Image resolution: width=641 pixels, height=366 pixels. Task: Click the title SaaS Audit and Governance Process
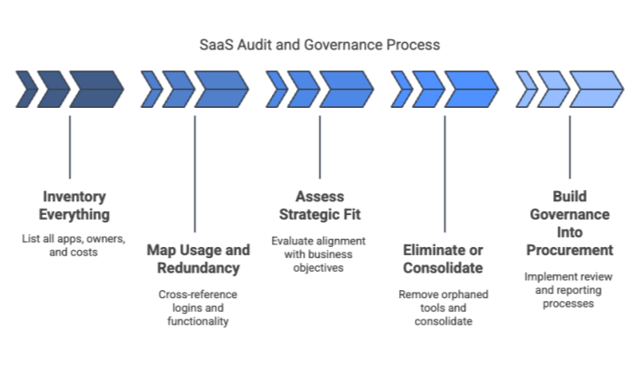(320, 44)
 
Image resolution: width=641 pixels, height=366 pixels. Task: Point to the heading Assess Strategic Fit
(320, 205)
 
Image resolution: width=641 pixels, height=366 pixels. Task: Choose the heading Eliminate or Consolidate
(444, 258)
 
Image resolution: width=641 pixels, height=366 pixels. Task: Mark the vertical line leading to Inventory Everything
(71, 146)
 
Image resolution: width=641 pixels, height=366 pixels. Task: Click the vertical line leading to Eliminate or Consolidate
(444, 174)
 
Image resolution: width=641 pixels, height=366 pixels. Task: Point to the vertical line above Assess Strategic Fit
(320, 146)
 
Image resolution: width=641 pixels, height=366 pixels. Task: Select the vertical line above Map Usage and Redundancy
(194, 174)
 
